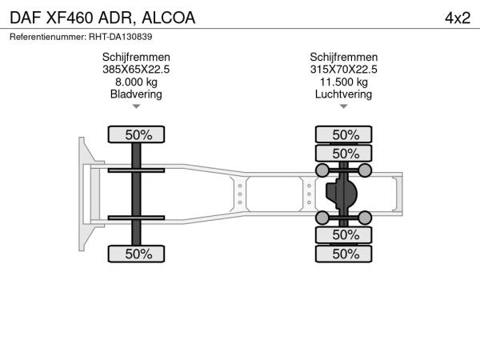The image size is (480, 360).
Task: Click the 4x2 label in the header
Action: [x=458, y=18]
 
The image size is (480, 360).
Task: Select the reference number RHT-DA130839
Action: [x=120, y=37]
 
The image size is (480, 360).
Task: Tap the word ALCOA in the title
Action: [x=168, y=18]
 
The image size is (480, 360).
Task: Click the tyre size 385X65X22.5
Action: [x=136, y=70]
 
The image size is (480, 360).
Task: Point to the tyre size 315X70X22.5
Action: [x=343, y=70]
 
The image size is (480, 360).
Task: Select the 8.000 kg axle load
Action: [x=136, y=82]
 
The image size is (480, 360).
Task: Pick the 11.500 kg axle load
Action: [x=344, y=82]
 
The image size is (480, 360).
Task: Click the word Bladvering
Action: [x=136, y=94]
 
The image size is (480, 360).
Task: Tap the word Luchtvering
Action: [x=343, y=94]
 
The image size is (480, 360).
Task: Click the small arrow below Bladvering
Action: [x=136, y=106]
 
